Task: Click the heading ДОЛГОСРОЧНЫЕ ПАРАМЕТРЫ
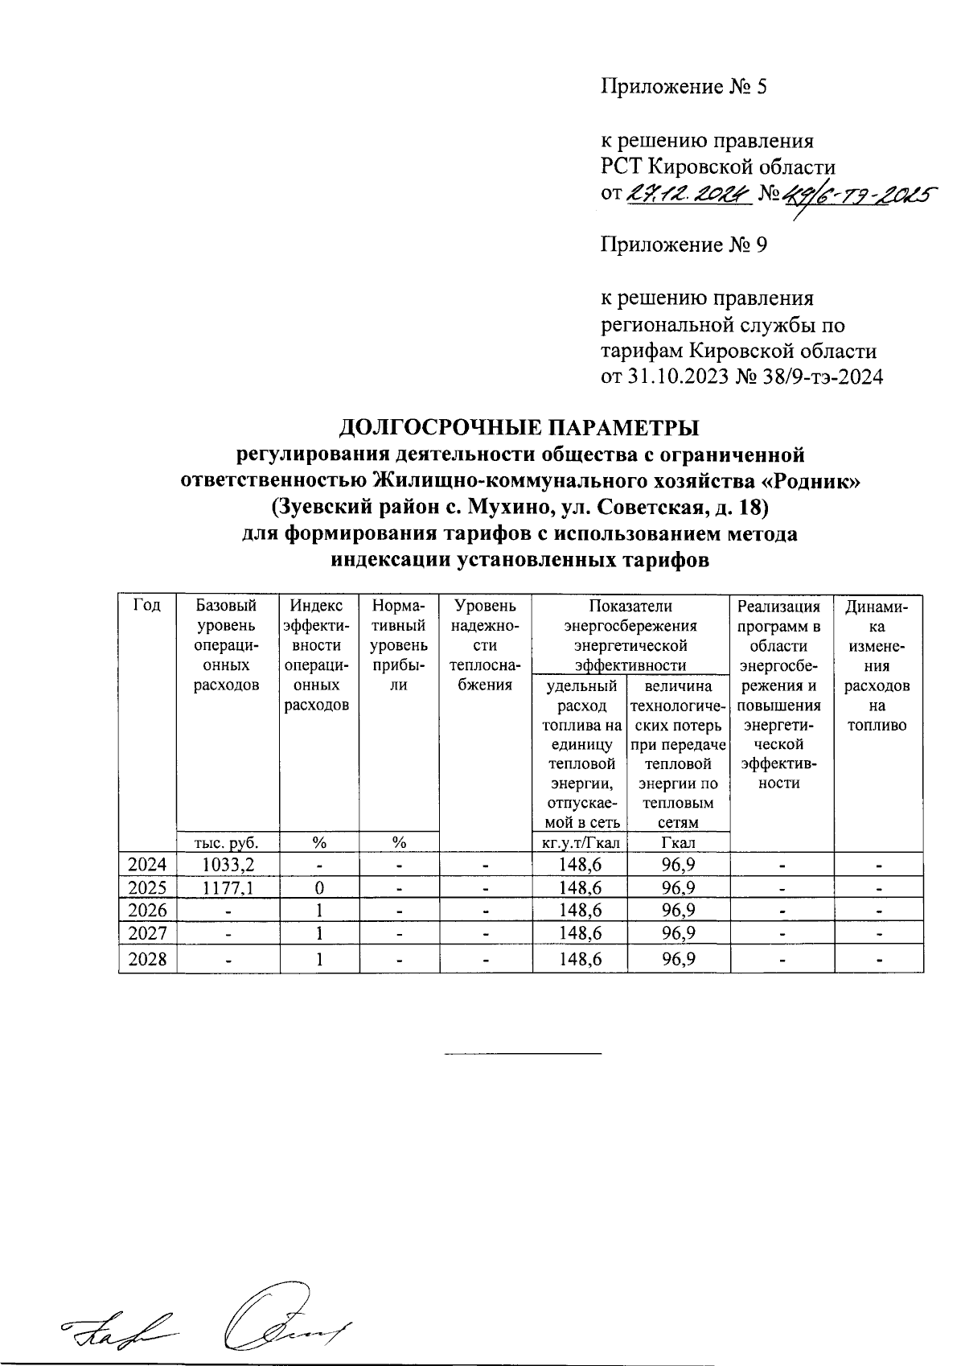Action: coord(519,426)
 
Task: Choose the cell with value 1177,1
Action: coord(228,888)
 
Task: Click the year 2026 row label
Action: coord(148,911)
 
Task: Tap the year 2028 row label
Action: coord(148,960)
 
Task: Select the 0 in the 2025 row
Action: coord(319,888)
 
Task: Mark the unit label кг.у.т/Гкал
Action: coord(580,842)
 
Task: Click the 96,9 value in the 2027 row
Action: coord(679,933)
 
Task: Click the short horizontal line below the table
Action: coord(523,1053)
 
